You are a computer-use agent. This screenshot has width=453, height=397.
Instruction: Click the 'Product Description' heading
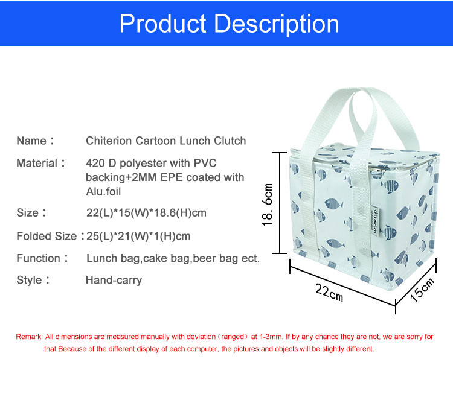pos(229,24)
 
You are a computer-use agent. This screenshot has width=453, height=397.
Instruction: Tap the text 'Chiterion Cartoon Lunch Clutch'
pos(166,141)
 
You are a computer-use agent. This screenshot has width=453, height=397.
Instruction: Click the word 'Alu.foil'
pos(103,192)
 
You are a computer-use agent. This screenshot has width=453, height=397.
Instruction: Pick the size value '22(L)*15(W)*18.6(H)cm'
pos(146,213)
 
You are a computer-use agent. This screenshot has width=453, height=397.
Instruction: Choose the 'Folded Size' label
pos(47,236)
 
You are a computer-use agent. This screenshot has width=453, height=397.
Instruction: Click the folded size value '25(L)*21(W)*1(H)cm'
pos(138,237)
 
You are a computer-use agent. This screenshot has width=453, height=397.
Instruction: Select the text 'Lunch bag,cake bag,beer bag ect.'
pos(173,258)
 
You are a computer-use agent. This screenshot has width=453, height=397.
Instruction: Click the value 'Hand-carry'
pos(114,280)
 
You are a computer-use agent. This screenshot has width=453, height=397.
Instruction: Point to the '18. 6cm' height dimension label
pos(268,205)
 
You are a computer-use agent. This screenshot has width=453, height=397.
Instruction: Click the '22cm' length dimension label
pos(329,293)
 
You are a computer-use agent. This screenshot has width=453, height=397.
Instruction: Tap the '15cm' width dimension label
pos(422,290)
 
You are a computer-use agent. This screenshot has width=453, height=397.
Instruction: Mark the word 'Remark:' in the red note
pos(29,337)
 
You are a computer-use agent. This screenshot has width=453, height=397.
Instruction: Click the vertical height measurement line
pos(280,203)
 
